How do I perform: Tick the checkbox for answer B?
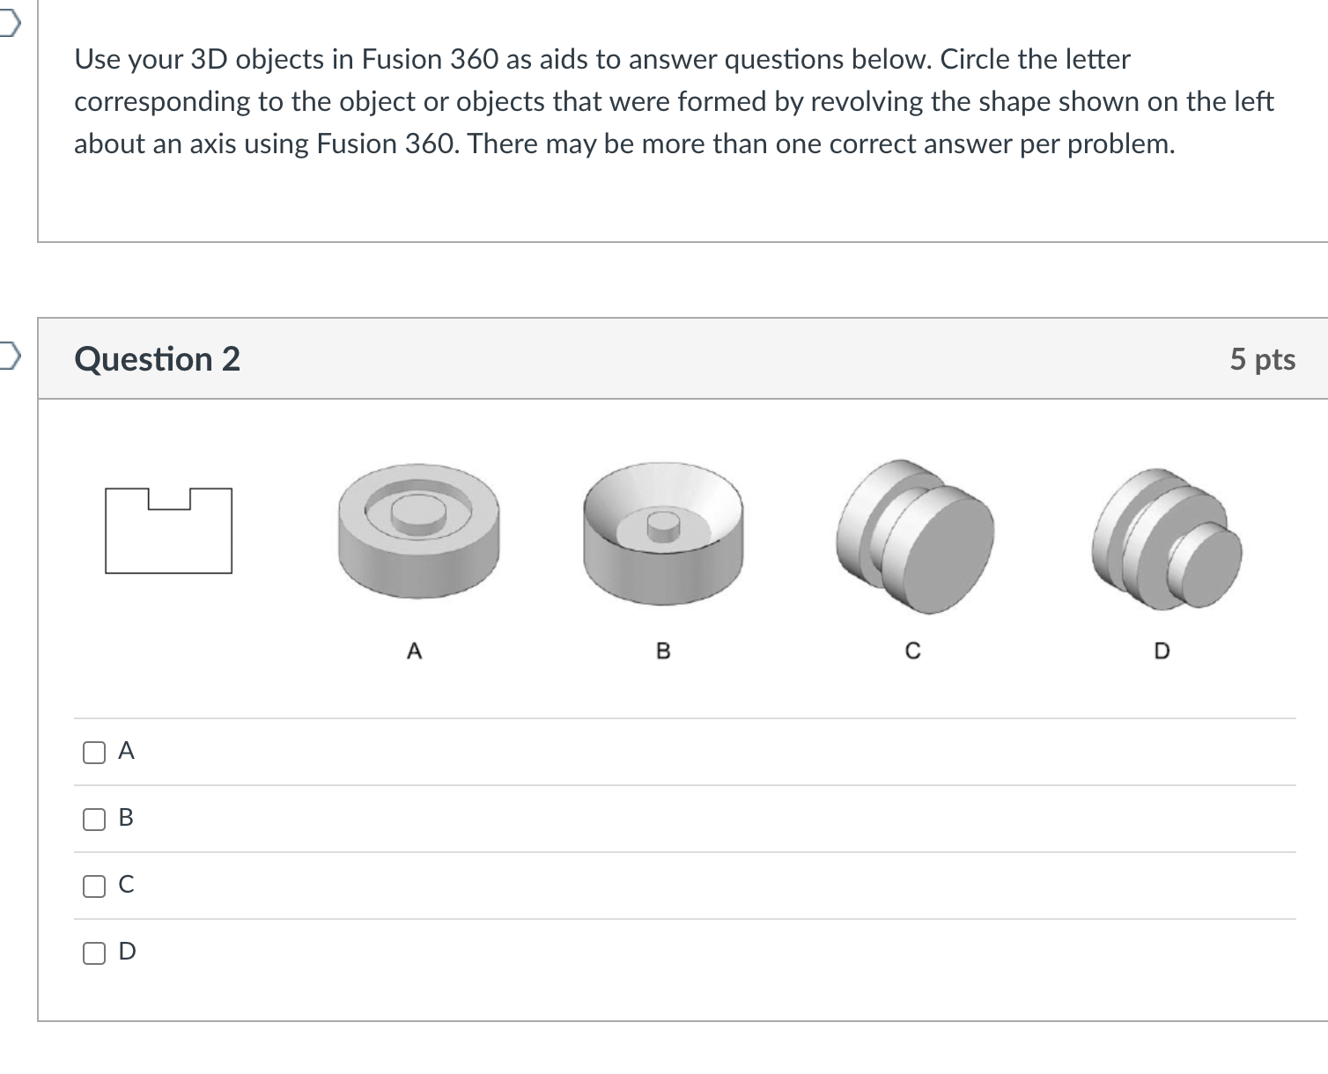(x=93, y=819)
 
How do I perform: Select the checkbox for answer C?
(x=93, y=886)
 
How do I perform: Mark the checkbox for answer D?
(x=93, y=953)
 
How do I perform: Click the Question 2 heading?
(x=157, y=359)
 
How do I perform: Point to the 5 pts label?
(x=1262, y=359)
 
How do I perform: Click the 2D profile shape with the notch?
(x=168, y=531)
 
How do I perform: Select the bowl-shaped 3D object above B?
(x=663, y=533)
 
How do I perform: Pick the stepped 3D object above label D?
(x=1166, y=537)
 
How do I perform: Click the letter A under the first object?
(x=415, y=651)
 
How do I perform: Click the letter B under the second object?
(x=664, y=651)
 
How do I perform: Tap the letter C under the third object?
(x=913, y=651)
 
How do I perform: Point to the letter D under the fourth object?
(x=1162, y=651)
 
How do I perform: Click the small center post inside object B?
(x=663, y=526)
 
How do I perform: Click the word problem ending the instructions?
(x=1120, y=143)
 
